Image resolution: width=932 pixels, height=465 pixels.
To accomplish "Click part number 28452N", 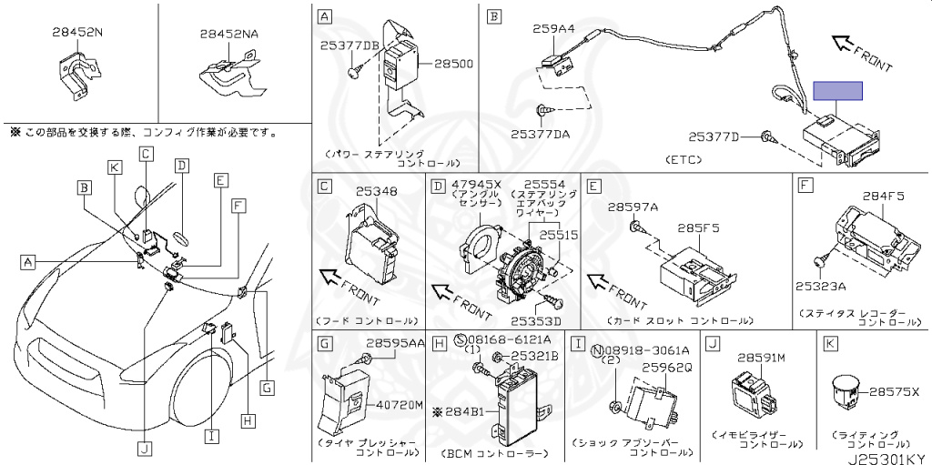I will (77, 31).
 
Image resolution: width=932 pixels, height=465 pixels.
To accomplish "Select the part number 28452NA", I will (229, 34).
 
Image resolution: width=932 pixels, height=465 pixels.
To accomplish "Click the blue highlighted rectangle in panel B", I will (837, 90).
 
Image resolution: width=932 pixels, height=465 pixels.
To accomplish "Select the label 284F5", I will (882, 194).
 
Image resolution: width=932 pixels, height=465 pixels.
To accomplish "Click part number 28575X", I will (896, 391).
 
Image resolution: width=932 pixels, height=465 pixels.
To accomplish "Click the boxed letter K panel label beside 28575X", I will (830, 343).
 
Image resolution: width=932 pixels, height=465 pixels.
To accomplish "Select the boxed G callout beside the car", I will (266, 389).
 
